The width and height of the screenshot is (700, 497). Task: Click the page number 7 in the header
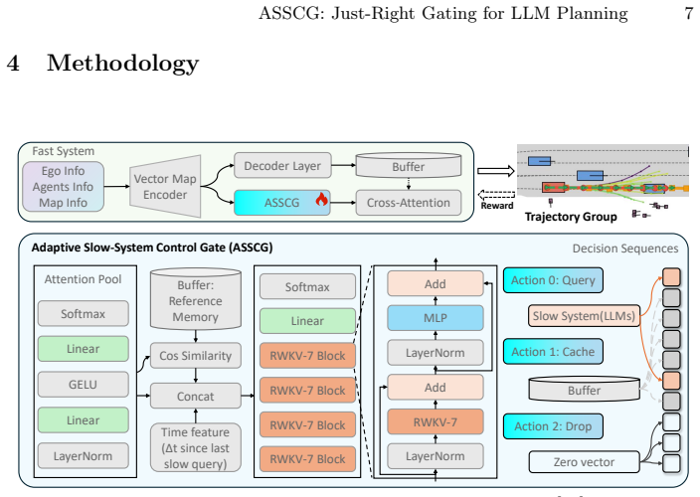pos(688,13)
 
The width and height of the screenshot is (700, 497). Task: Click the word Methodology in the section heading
pos(122,63)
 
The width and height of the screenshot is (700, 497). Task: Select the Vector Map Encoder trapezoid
pos(165,187)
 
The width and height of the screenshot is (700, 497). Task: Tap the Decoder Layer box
pos(282,166)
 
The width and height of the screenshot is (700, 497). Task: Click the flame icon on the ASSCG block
pos(321,199)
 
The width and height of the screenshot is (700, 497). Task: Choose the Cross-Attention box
pos(409,203)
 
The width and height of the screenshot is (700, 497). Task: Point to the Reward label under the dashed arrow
pos(497,206)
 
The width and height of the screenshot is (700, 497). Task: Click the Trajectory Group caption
pos(571,217)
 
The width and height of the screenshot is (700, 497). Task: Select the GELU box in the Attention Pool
pos(84,385)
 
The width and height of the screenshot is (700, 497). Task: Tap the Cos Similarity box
pos(196,356)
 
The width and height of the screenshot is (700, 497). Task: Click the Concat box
pos(196,397)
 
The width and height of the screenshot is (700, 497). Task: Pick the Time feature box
pos(196,448)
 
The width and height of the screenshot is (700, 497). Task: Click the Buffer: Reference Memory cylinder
pos(196,299)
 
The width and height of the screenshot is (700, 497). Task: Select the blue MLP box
pos(436,318)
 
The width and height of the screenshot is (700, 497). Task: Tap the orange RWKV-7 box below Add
pos(436,421)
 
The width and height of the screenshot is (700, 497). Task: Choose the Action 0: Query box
pos(553,280)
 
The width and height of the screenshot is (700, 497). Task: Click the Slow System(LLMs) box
pos(584,316)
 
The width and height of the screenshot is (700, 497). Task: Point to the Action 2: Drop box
pos(553,426)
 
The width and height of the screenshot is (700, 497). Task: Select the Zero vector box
pos(584,462)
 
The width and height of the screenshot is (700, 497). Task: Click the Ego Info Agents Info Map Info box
pos(63,187)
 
